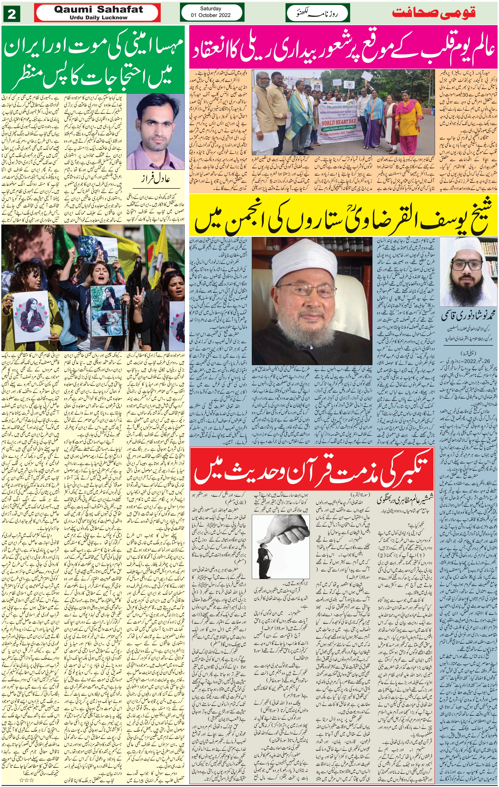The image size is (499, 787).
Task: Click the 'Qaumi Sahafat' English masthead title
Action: [x=98, y=9]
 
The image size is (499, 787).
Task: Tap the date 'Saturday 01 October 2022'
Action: [x=211, y=12]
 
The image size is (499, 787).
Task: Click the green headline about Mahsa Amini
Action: [x=93, y=60]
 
